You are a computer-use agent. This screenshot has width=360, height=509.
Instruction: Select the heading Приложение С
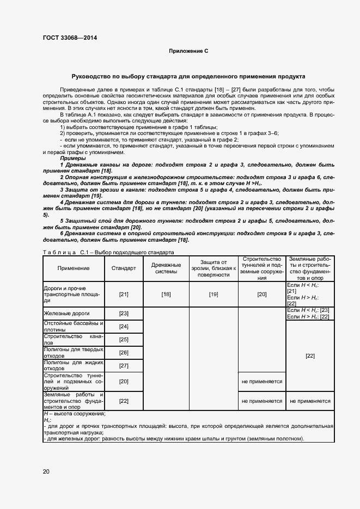[188, 51]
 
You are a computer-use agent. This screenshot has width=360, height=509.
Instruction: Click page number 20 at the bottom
[46, 471]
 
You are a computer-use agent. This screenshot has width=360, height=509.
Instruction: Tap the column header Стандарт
[124, 268]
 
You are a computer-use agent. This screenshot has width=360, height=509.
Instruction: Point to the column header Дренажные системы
[166, 268]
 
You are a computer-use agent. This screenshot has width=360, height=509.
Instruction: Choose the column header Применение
[73, 268]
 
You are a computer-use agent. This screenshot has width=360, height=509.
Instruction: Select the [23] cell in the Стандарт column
[124, 314]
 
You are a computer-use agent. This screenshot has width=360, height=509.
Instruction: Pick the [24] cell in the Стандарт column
[124, 327]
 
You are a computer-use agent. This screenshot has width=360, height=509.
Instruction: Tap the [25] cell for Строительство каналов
[124, 340]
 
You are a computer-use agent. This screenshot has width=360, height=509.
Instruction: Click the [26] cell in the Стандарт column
[124, 353]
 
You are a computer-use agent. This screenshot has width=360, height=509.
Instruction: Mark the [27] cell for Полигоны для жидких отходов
[124, 366]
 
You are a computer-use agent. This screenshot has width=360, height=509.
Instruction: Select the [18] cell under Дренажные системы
[166, 295]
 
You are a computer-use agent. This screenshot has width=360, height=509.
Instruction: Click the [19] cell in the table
[213, 295]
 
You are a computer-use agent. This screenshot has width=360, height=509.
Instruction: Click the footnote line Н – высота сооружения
[74, 414]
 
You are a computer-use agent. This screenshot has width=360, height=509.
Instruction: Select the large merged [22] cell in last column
[310, 355]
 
